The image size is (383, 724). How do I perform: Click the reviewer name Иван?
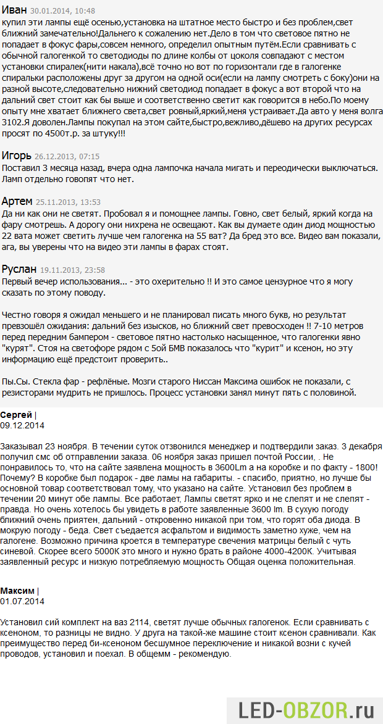coord(14,10)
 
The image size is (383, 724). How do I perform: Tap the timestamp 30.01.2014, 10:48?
coord(62,11)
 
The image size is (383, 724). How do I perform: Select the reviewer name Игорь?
coord(16,156)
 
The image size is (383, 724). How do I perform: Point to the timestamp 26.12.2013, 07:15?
coord(67,157)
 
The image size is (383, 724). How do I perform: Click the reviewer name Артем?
coord(17,201)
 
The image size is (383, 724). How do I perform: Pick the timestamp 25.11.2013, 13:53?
coord(68,202)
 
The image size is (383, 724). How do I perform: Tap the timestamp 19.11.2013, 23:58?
coord(72,270)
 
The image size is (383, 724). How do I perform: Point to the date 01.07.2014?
coord(22,601)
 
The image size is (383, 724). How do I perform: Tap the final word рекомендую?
coord(205,654)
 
